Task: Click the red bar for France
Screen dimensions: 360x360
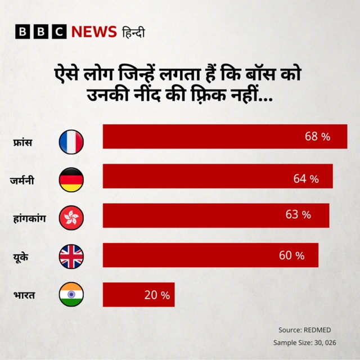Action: tap(224, 137)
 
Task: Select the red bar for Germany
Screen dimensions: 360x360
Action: tap(218, 176)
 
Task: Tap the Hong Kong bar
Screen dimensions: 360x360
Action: tap(216, 215)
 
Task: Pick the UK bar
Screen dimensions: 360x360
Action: tap(210, 255)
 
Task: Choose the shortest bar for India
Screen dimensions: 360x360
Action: tap(138, 295)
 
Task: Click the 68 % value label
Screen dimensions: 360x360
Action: tap(317, 137)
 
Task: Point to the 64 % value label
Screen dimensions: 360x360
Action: tap(306, 179)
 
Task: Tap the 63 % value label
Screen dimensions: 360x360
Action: tap(298, 215)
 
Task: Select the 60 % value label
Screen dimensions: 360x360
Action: tap(291, 256)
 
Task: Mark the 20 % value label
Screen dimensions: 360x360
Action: tap(157, 295)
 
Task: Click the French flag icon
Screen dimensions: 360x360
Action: tap(71, 142)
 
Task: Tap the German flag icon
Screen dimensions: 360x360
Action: tap(71, 180)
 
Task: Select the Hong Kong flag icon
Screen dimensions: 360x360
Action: tap(71, 217)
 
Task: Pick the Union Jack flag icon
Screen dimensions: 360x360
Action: tap(71, 256)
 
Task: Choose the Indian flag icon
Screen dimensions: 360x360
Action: tap(71, 294)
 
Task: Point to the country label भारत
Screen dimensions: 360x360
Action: tap(24, 294)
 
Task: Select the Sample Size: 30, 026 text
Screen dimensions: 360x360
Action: tap(301, 343)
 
